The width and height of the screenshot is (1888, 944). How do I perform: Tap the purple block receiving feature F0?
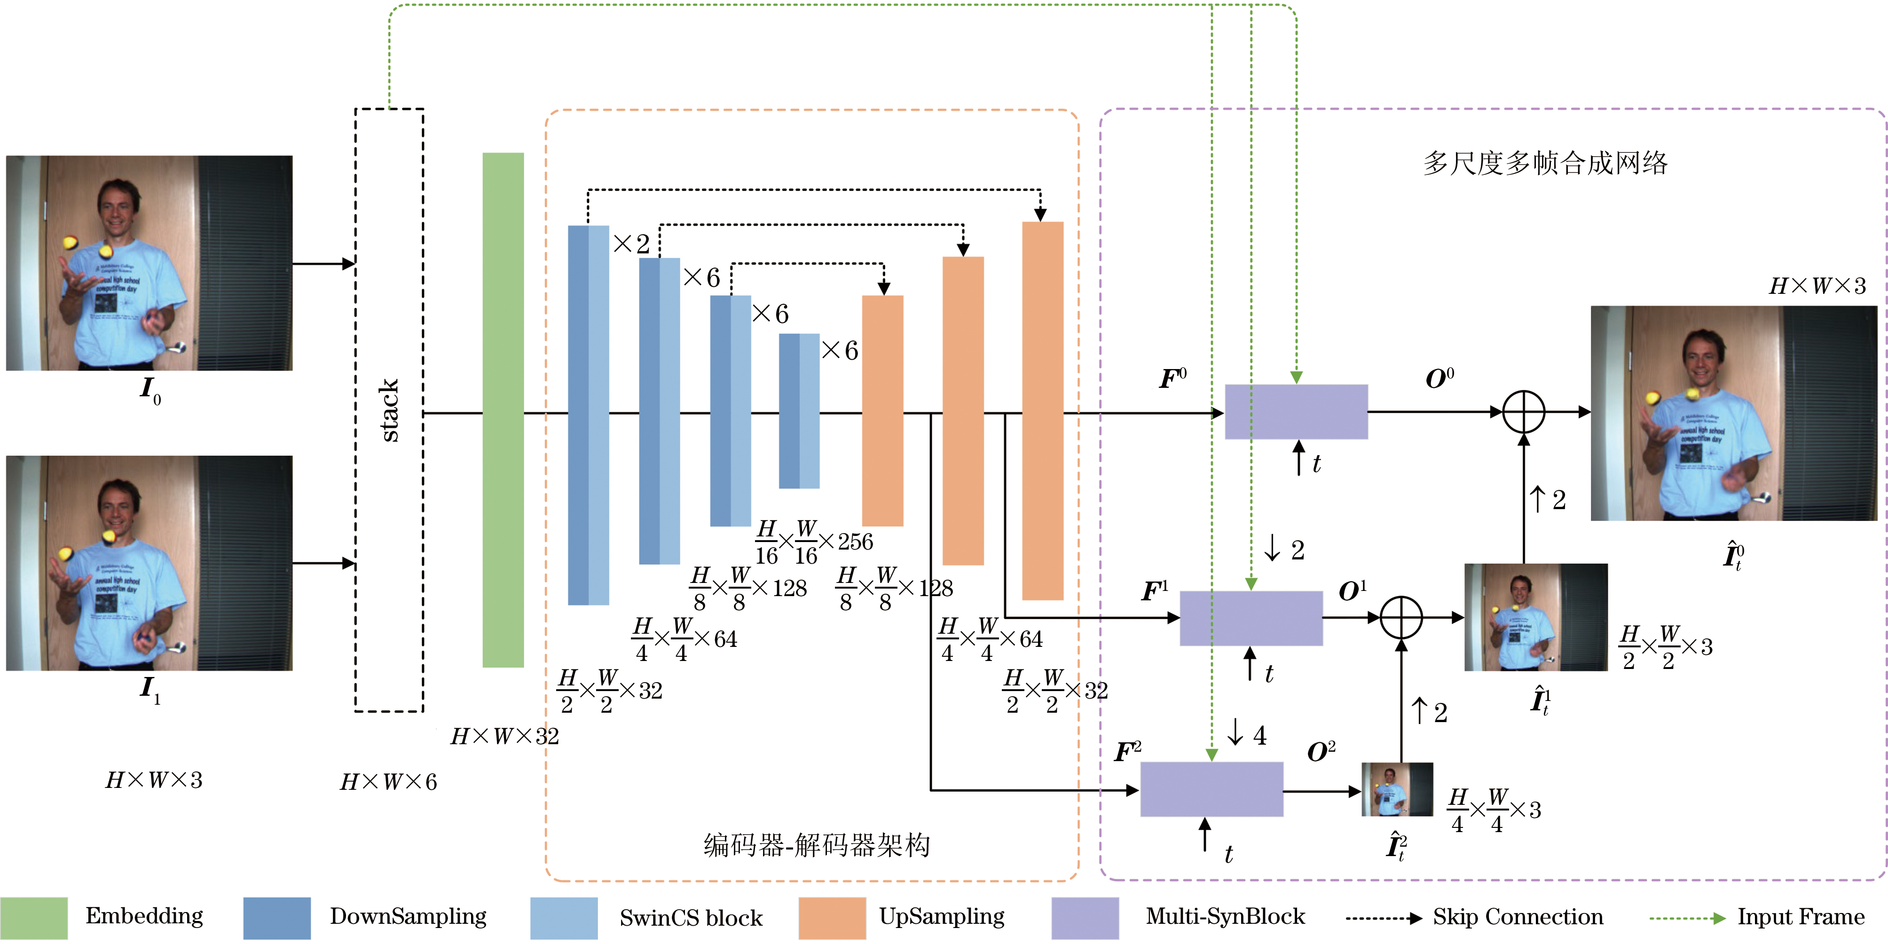click(1296, 412)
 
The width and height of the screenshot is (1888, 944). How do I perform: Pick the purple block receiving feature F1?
click(1251, 618)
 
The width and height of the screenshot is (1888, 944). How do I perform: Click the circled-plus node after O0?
click(1524, 412)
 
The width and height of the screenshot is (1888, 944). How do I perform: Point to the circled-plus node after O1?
click(1400, 618)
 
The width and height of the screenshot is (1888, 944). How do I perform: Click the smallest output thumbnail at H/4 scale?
click(1397, 789)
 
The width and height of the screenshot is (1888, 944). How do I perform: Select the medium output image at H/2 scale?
click(1535, 617)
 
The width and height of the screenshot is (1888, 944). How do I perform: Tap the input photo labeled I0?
click(149, 262)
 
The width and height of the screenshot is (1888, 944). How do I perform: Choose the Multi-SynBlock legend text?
click(1225, 916)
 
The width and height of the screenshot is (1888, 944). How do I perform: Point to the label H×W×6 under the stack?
click(388, 782)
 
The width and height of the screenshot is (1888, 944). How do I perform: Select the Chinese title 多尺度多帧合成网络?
click(1545, 163)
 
